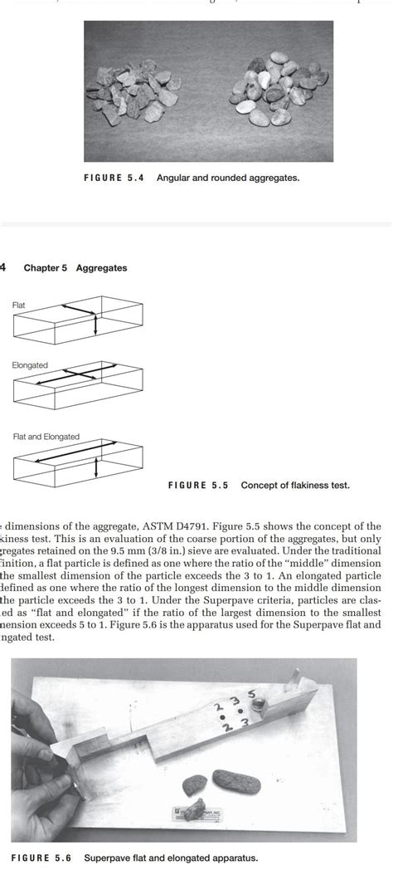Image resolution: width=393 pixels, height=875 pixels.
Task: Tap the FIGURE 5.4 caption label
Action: (x=114, y=178)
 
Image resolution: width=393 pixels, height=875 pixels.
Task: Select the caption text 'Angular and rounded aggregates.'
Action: (x=227, y=178)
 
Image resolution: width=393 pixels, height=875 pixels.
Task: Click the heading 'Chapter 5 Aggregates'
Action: (x=75, y=268)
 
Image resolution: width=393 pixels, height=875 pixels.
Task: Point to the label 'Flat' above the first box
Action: (x=18, y=305)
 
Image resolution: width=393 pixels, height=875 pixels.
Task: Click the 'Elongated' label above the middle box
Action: (x=30, y=365)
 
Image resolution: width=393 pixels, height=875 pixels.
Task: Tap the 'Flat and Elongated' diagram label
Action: (x=46, y=437)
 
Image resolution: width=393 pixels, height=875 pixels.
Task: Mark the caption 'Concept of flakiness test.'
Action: (x=295, y=486)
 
